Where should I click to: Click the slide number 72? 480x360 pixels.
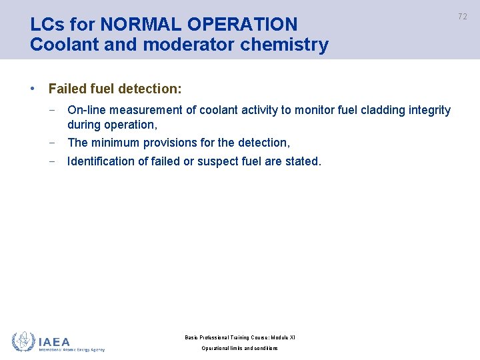point(463,17)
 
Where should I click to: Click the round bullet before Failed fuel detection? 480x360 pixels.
point(33,89)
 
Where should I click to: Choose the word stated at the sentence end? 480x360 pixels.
point(303,161)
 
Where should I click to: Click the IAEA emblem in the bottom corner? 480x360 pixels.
point(23,341)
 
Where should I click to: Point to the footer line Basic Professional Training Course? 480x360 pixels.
point(239,337)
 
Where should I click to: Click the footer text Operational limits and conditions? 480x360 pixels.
point(239,349)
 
